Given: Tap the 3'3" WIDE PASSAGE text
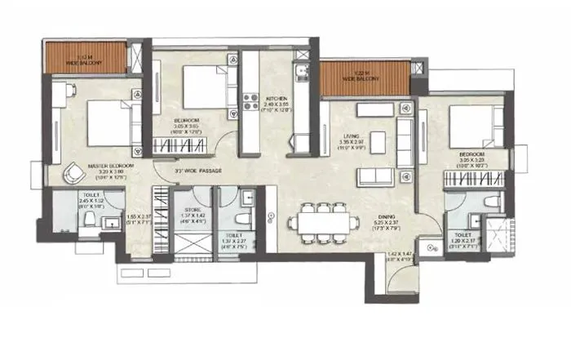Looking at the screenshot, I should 200,171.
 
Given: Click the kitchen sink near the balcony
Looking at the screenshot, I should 302,76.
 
